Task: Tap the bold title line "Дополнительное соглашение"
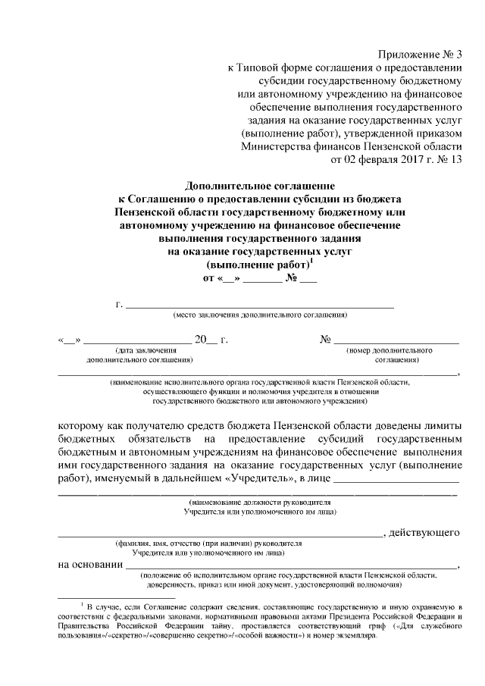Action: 260,186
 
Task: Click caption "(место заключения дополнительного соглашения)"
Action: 260,315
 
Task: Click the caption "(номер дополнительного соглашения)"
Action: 392,356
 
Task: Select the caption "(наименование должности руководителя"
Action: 259,503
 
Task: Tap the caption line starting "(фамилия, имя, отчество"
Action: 208,543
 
